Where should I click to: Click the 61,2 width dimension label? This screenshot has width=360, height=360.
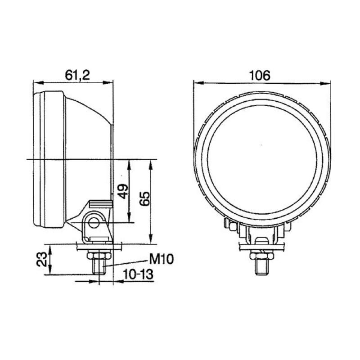tap(77, 75)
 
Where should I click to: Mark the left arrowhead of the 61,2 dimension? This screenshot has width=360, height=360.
tap(36, 82)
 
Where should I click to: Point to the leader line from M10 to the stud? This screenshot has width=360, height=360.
tap(128, 262)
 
